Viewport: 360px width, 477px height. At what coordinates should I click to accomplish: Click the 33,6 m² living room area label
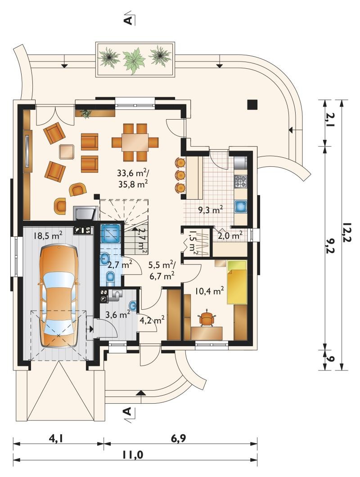coord(133,173)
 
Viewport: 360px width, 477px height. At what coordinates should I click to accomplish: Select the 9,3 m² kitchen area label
coord(211,210)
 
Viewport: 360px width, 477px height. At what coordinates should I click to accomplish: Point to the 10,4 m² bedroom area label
coord(210,291)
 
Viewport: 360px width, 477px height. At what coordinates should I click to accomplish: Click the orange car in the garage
coord(58,296)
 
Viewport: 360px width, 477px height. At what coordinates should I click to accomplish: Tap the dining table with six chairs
coord(135,142)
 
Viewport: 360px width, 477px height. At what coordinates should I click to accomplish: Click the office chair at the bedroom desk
coord(207,319)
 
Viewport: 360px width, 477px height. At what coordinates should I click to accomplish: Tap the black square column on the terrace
coord(252,104)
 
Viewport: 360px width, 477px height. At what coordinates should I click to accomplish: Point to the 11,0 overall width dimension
coord(133,455)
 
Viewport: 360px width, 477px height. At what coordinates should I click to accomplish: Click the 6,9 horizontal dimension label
coord(179,438)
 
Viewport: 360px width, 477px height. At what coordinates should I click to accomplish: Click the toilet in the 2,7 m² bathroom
coord(110,277)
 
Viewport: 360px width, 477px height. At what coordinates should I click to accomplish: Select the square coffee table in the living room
coord(67,151)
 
